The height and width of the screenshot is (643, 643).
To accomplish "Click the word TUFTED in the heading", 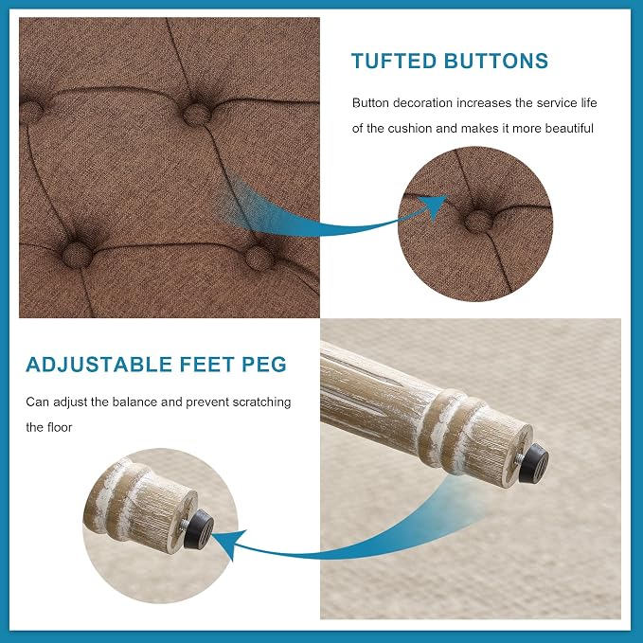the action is tap(394, 61).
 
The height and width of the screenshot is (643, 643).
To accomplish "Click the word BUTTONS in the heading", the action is tap(496, 61).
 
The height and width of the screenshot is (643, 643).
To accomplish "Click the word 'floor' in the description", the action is tap(60, 427).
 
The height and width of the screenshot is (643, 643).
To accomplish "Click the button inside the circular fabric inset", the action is tap(478, 221).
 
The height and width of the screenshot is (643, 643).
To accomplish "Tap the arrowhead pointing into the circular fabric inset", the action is tap(435, 205).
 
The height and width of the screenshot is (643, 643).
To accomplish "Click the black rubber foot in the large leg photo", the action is tap(533, 463).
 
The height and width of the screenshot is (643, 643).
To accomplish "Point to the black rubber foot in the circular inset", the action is tap(199, 529).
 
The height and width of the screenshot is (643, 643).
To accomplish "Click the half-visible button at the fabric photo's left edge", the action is tap(30, 112).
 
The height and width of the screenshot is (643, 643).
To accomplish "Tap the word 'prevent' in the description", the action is tap(207, 402).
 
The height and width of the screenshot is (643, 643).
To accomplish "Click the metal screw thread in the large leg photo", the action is tap(519, 459).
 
